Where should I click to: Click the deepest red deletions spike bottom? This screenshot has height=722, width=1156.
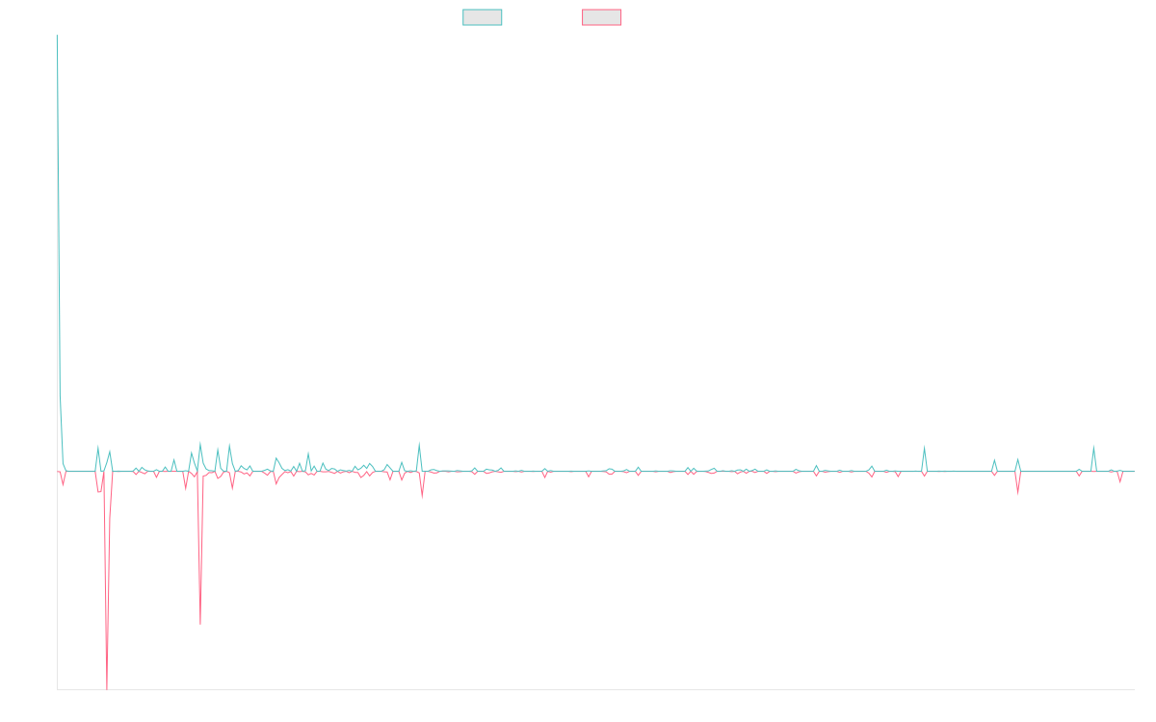[x=106, y=687]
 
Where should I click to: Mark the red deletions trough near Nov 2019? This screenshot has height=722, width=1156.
[x=200, y=624]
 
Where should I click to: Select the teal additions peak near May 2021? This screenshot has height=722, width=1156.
[x=419, y=443]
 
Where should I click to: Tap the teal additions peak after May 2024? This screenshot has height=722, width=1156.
[x=924, y=446]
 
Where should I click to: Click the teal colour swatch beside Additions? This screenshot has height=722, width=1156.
[x=482, y=17]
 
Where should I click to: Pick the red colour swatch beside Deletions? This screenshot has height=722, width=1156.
[x=601, y=17]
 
